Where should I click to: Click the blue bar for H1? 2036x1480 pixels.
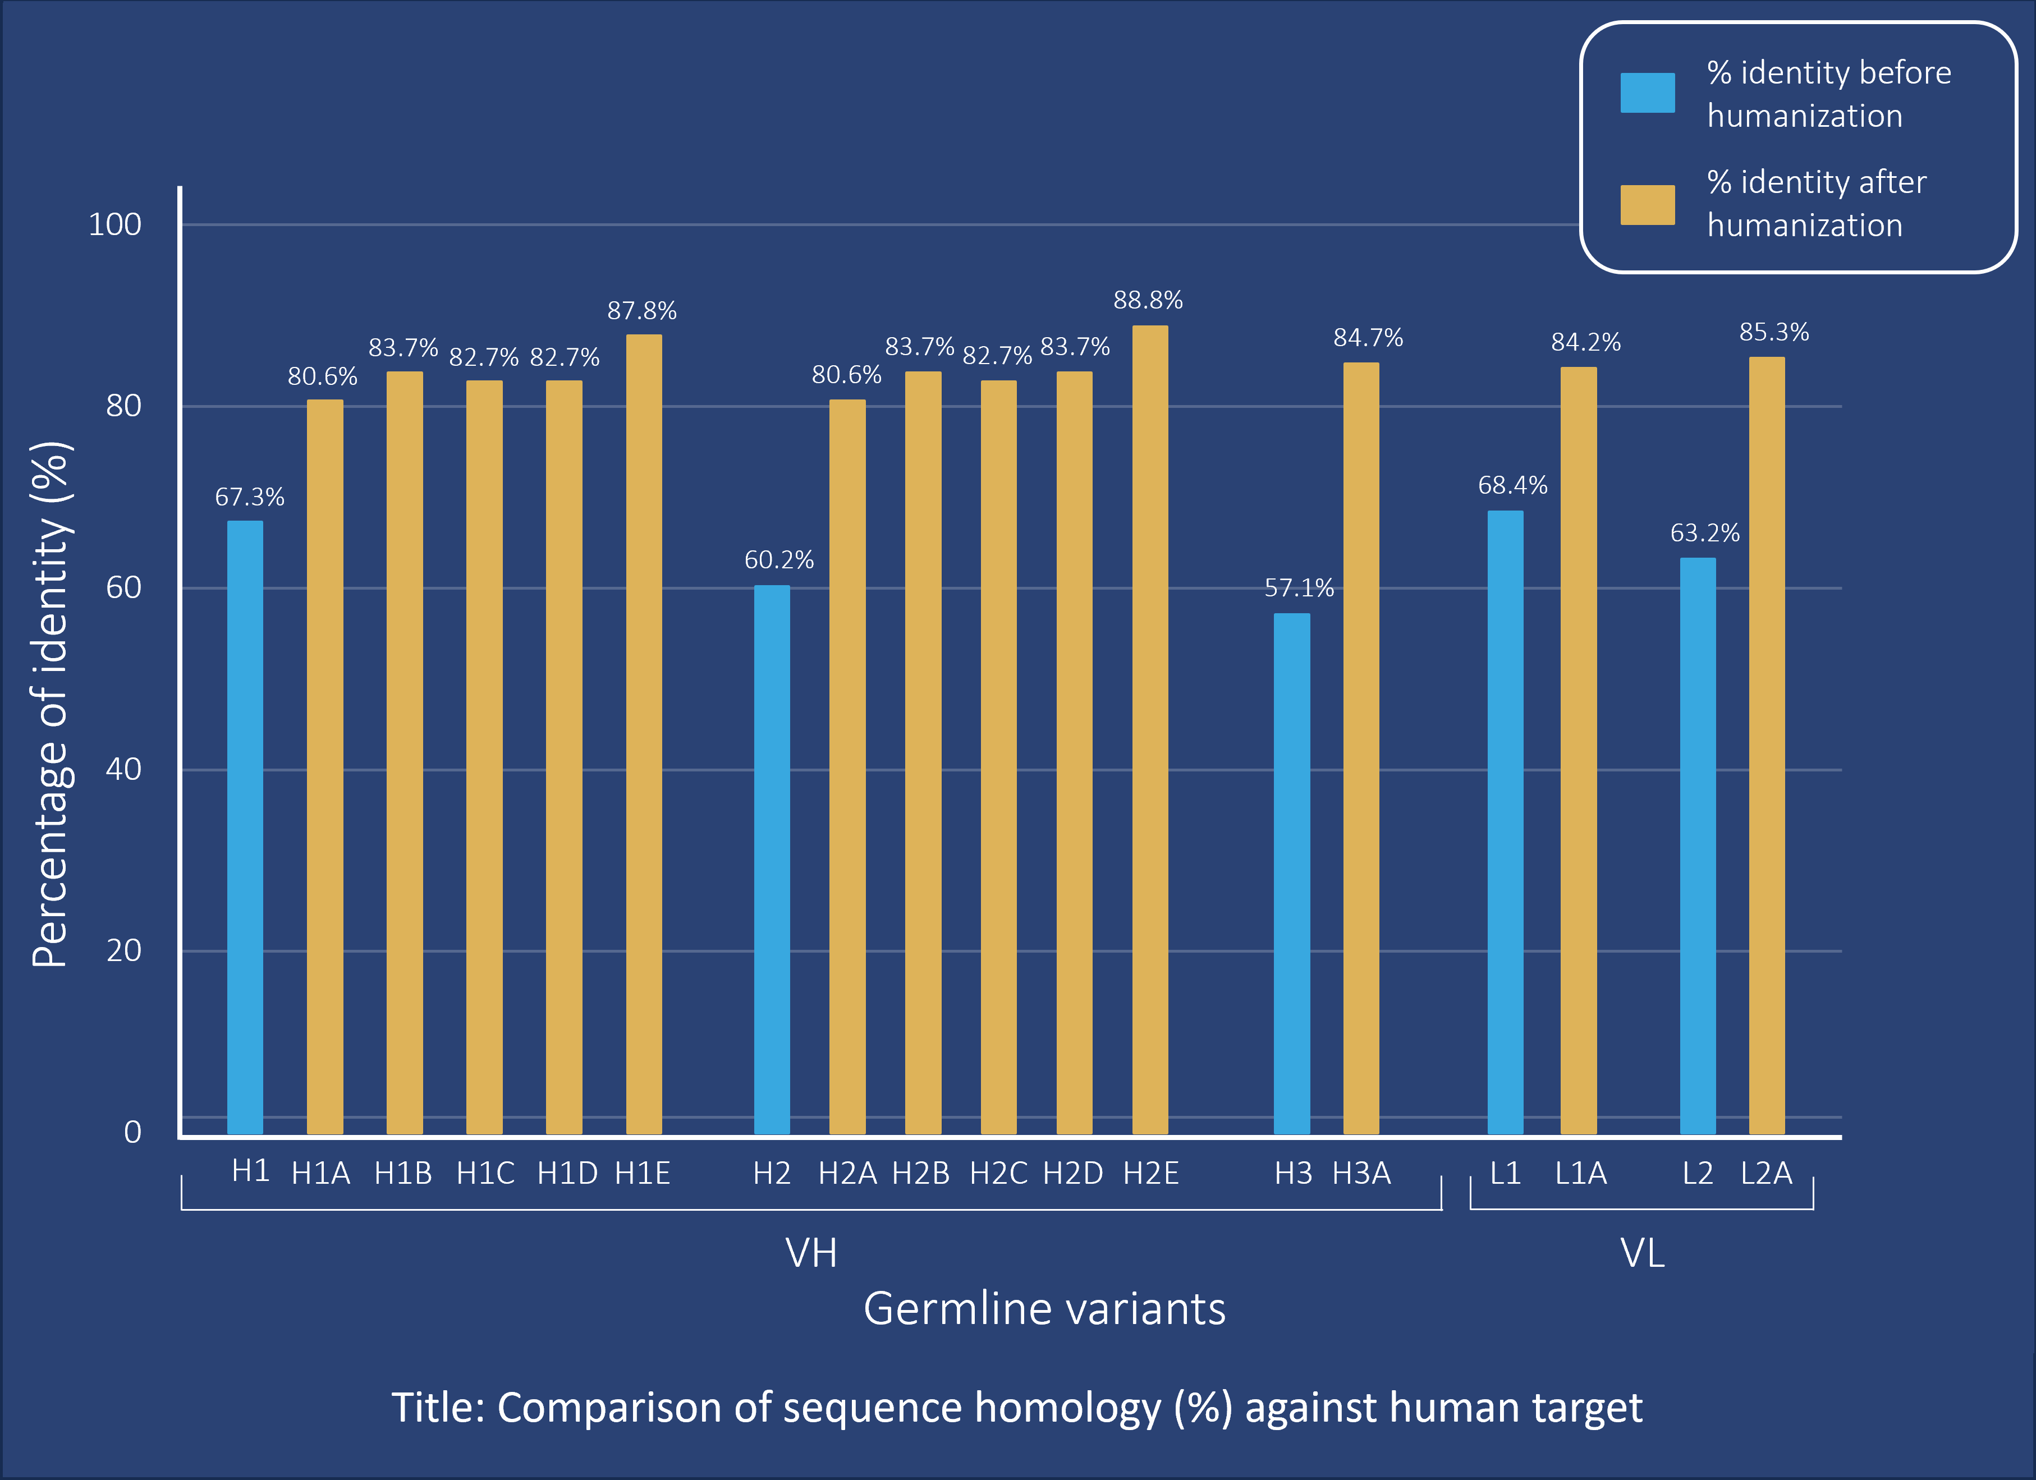(245, 826)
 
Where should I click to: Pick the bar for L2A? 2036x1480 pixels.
(1767, 745)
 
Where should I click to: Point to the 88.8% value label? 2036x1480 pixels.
(1148, 300)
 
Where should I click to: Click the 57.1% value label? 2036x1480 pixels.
(1299, 588)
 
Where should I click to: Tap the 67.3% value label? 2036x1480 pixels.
(250, 497)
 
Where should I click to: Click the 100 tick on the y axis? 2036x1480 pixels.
(115, 224)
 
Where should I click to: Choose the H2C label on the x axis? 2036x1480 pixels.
(998, 1173)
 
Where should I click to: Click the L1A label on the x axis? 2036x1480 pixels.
(1581, 1173)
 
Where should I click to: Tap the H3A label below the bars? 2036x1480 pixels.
(1361, 1173)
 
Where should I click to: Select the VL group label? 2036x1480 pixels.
(1642, 1253)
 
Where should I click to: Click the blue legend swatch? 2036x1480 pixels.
(1647, 93)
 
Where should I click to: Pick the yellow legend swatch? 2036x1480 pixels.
(1647, 205)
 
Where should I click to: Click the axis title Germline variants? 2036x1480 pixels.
(1044, 1308)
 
